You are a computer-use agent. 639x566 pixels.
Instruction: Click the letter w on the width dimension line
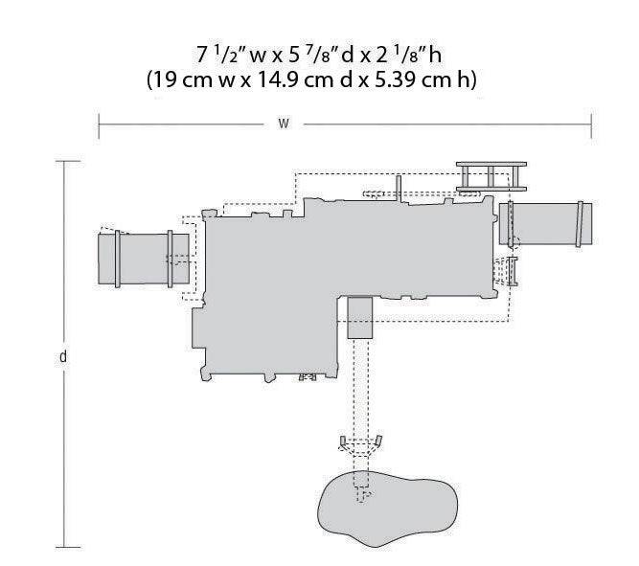284,124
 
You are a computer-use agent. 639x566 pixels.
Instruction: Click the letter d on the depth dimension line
63,356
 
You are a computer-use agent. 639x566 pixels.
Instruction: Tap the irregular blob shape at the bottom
387,509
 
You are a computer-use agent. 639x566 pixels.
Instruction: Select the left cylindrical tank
144,259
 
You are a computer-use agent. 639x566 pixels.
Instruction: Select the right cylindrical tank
546,223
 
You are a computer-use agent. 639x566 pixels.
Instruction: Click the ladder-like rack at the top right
491,176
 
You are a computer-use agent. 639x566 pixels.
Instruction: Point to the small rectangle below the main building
360,318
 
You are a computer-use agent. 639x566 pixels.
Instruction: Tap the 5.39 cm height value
417,79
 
